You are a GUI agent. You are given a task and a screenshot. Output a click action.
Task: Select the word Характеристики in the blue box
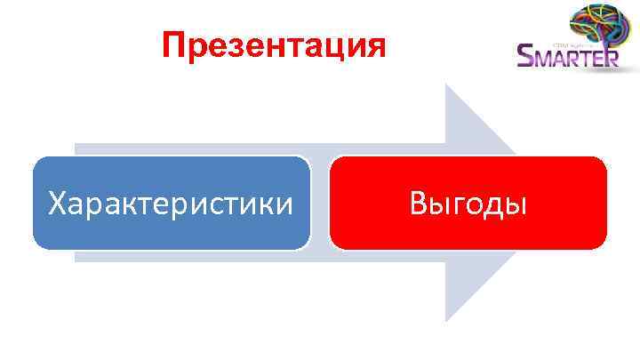coord(171,204)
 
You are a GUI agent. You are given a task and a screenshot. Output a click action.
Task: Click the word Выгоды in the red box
coord(468,204)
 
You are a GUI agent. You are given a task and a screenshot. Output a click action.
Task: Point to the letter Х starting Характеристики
coord(58,204)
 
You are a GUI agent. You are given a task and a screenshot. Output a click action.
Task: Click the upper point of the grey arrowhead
coord(447,87)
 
